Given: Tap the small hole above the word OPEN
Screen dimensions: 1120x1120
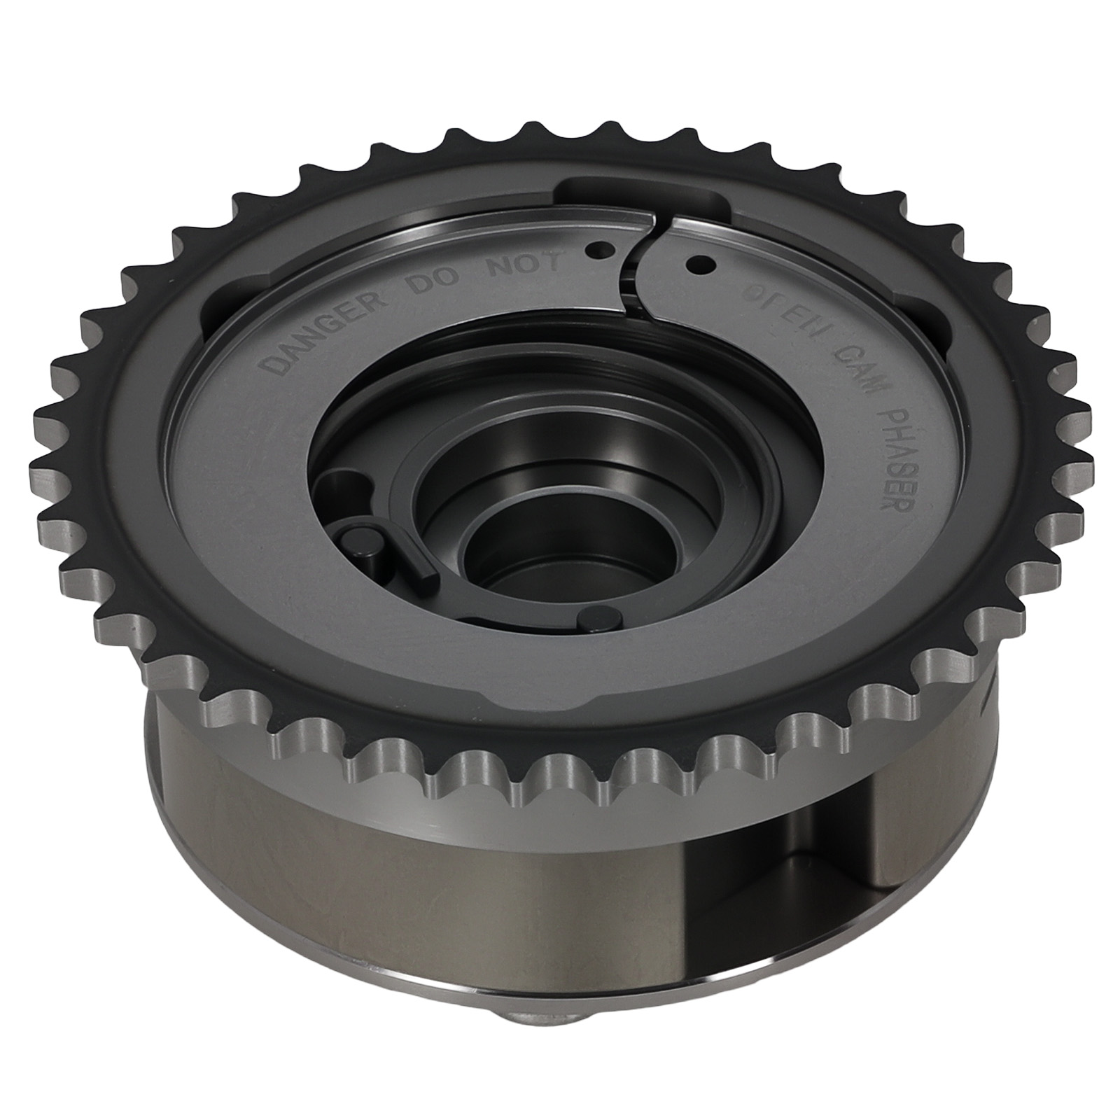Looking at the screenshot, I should point(699,265).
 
